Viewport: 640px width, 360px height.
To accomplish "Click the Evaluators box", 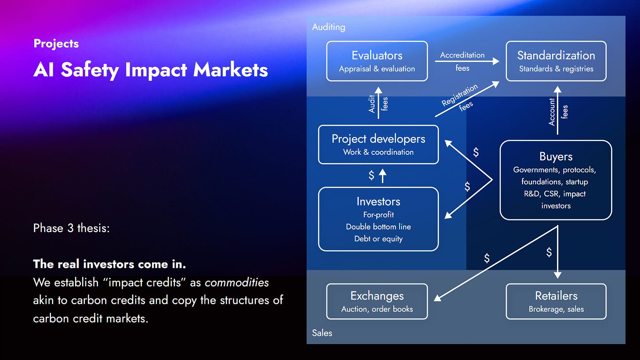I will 377,61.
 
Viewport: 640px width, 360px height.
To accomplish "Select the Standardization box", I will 556,61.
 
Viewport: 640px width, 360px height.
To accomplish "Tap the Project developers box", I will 378,145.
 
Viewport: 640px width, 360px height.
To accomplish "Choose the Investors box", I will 378,219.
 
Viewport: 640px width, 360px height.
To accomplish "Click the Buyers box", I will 556,180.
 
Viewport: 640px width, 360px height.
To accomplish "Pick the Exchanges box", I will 377,301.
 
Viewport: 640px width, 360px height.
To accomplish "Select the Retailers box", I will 556,301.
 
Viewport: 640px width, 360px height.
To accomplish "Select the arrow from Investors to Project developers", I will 382,176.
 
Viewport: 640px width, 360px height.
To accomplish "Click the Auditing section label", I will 328,27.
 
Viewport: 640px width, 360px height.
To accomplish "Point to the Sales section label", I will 322,333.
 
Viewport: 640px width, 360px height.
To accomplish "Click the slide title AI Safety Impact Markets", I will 150,69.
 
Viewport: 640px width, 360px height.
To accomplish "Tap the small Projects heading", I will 56,44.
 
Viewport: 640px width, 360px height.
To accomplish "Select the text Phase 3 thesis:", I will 71,229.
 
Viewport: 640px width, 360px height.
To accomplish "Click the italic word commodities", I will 236,282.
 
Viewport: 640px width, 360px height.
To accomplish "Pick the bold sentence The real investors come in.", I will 109,265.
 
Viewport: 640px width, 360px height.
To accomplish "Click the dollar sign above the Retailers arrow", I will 549,252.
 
